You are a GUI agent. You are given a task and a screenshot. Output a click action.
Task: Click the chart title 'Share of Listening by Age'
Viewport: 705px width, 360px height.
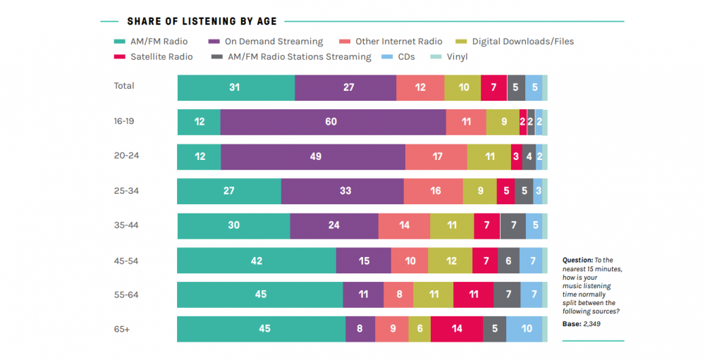click(202, 22)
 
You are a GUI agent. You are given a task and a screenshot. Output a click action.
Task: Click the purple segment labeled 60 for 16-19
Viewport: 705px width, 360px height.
click(332, 122)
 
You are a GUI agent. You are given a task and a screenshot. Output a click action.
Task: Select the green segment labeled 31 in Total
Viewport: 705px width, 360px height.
click(235, 87)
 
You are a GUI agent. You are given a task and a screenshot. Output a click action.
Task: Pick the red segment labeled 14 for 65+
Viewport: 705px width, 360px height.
click(456, 329)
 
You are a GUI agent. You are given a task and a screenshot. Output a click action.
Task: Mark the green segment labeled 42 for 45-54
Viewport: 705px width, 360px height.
click(256, 260)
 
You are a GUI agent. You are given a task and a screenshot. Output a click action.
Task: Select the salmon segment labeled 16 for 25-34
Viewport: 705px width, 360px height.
click(433, 191)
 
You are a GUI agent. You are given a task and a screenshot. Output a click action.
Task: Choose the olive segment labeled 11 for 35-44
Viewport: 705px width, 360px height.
click(451, 225)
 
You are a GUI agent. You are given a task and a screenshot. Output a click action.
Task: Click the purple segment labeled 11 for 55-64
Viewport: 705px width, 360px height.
click(363, 294)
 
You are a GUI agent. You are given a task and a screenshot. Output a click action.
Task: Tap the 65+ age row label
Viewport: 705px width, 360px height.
click(121, 328)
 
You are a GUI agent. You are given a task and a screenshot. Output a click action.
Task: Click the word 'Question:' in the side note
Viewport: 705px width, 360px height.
click(577, 260)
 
